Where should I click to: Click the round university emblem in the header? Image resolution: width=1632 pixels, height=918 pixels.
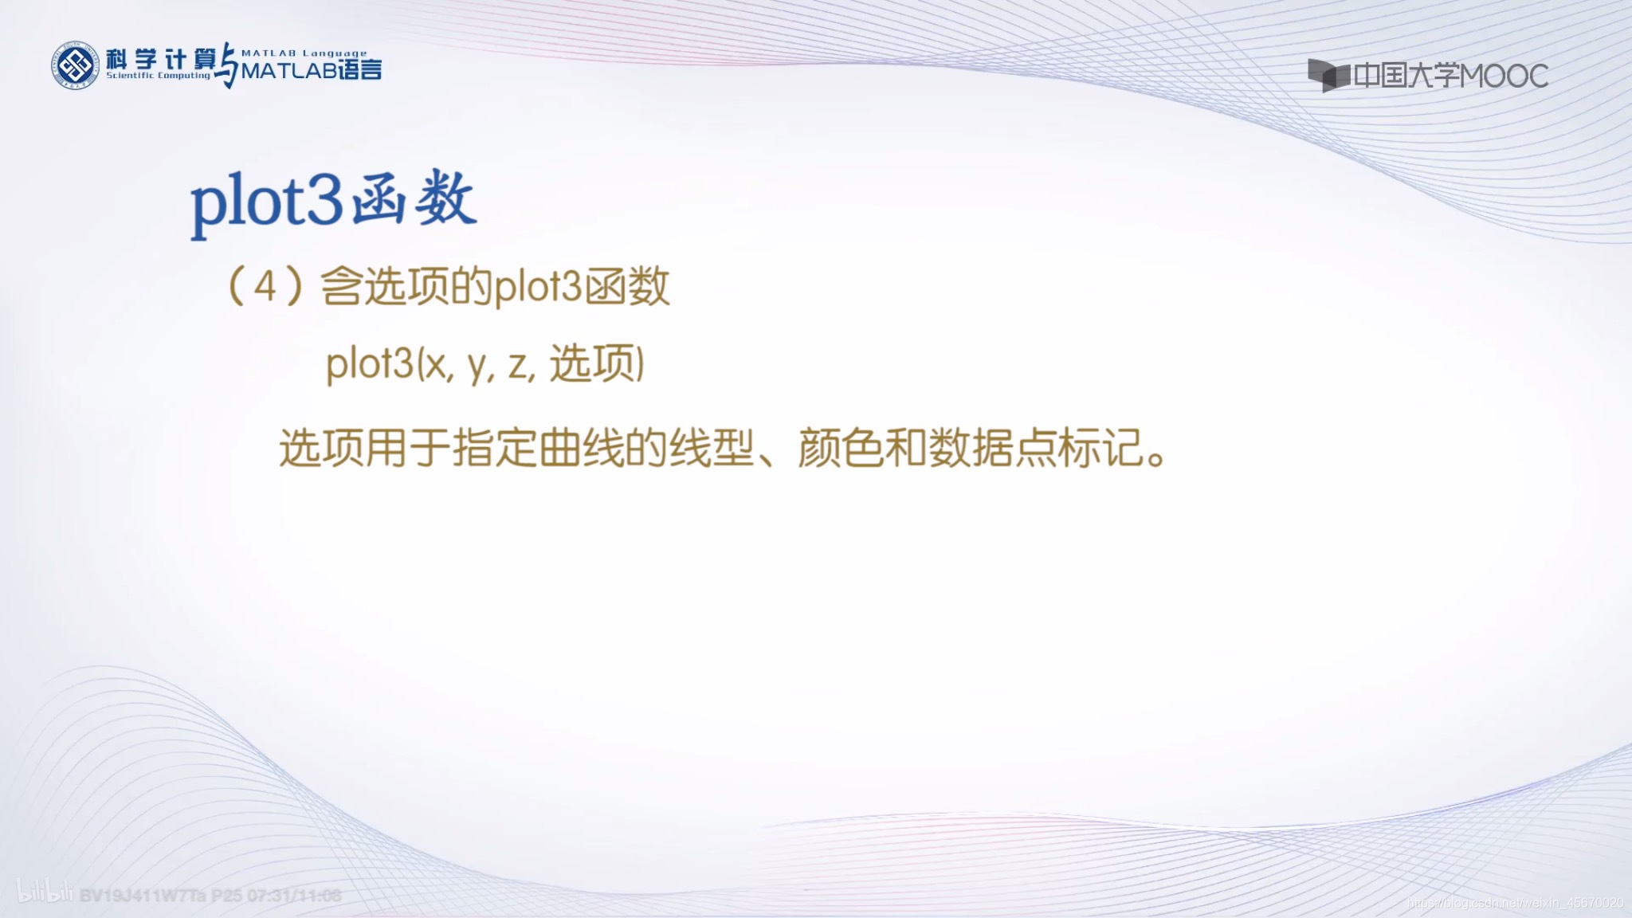(75, 65)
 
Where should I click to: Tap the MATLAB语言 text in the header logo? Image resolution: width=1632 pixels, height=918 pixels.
(311, 71)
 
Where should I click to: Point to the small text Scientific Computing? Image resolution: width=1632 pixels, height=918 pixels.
(159, 76)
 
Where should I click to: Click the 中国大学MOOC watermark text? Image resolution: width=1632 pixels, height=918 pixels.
(1450, 76)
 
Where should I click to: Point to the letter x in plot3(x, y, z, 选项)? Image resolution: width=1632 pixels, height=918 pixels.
(435, 365)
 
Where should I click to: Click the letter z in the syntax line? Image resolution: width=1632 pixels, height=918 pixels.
(518, 365)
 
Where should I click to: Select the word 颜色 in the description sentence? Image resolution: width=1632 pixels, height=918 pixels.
(841, 448)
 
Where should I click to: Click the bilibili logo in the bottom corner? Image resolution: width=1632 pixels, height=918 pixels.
(45, 893)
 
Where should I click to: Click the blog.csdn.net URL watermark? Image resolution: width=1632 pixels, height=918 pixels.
(1515, 903)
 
